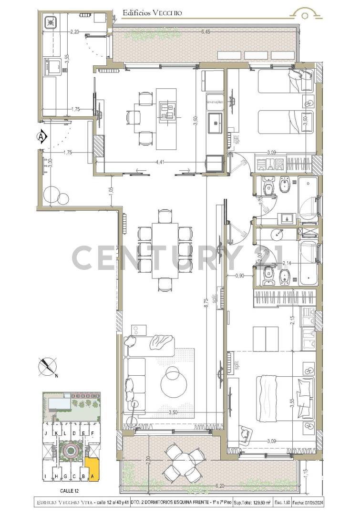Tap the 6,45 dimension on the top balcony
pyautogui.click(x=206, y=32)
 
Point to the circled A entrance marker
pyautogui.click(x=42, y=137)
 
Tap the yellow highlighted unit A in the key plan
pyautogui.click(x=93, y=470)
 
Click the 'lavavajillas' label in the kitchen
pyautogui.click(x=216, y=102)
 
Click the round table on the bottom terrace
pyautogui.click(x=183, y=461)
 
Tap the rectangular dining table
pyautogui.click(x=165, y=250)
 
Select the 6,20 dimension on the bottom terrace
pyautogui.click(x=220, y=486)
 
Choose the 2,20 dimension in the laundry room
pyautogui.click(x=74, y=32)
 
